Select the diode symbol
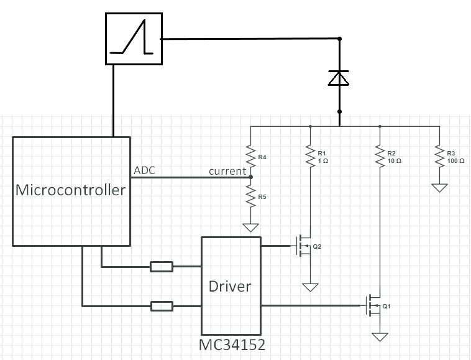coord(339,78)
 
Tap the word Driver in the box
coord(230,286)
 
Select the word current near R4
coord(227,171)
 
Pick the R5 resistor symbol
coord(250,199)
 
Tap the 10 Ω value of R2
coord(393,161)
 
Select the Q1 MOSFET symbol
coord(374,305)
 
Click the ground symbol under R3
coord(439,187)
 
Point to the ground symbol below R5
coord(250,227)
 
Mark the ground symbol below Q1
coord(380,337)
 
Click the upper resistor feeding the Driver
coord(162,267)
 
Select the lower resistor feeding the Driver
coord(162,305)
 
